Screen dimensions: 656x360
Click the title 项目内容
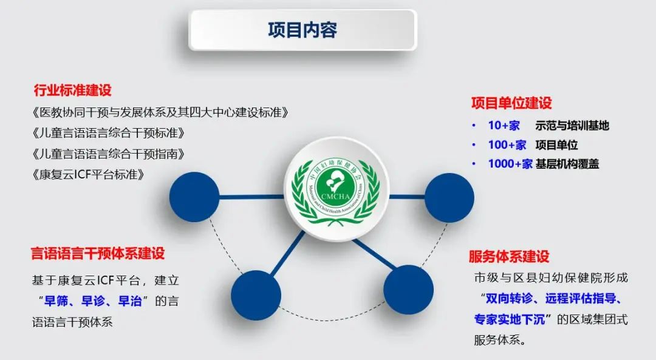click(302, 30)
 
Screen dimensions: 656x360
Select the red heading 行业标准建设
click(73, 90)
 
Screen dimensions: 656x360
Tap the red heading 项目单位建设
click(511, 103)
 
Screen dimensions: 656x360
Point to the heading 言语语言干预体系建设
click(98, 253)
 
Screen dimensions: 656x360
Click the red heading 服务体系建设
click(509, 256)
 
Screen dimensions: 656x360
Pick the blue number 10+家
click(504, 126)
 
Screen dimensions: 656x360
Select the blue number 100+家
click(507, 144)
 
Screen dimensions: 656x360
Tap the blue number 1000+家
click(510, 163)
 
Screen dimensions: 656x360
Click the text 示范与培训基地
click(572, 126)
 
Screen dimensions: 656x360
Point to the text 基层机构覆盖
click(567, 164)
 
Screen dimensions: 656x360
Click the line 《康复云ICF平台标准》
click(88, 174)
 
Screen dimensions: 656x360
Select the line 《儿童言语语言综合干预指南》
click(108, 154)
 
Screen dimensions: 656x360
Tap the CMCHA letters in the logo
click(336, 197)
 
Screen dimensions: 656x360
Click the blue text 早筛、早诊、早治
click(93, 301)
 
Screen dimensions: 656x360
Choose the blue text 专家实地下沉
click(510, 320)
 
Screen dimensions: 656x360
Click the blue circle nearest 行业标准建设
click(194, 197)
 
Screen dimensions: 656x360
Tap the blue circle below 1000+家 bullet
click(449, 198)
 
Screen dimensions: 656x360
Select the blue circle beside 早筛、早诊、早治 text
click(256, 295)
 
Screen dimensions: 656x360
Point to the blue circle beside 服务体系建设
click(408, 290)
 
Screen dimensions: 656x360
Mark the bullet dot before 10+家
click(474, 126)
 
